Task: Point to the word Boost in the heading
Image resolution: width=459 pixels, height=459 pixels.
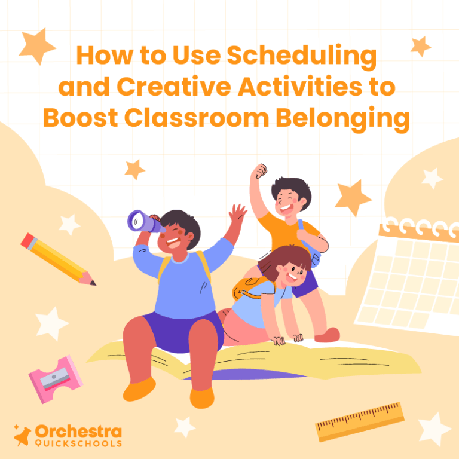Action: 79,118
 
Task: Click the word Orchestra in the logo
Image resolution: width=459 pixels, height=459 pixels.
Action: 78,432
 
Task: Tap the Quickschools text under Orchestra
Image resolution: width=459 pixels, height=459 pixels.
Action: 78,444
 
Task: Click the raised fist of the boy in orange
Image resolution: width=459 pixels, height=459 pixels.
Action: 259,172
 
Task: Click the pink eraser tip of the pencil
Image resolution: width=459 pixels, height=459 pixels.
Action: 27,240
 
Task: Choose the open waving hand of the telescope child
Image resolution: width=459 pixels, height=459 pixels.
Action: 238,215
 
